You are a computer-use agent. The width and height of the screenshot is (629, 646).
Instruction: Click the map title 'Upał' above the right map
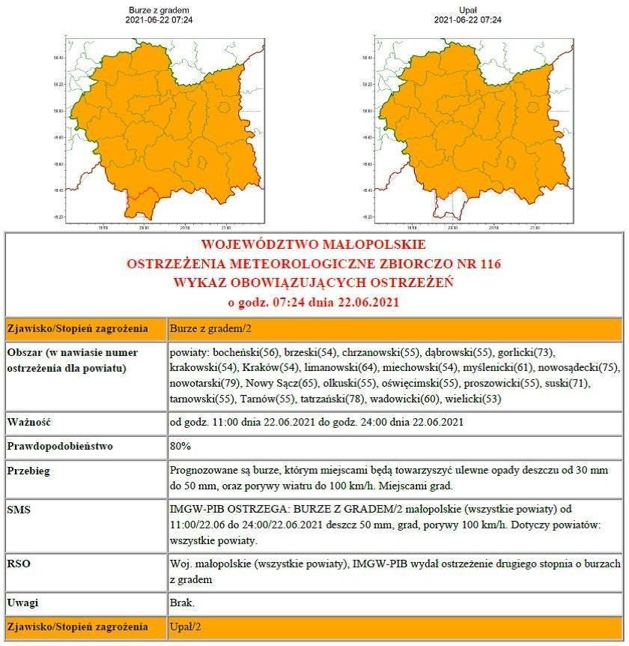467,10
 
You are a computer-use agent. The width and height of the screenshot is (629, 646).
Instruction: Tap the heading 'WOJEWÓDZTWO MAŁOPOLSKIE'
314,244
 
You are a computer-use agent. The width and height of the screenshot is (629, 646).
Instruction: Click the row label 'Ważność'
28,422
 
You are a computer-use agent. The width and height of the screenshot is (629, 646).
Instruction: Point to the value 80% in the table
181,446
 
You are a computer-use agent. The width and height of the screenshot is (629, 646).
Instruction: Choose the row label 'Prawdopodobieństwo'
61,446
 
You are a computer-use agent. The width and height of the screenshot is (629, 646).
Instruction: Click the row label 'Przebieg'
30,471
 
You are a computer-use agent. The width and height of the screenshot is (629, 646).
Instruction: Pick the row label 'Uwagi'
23,602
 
